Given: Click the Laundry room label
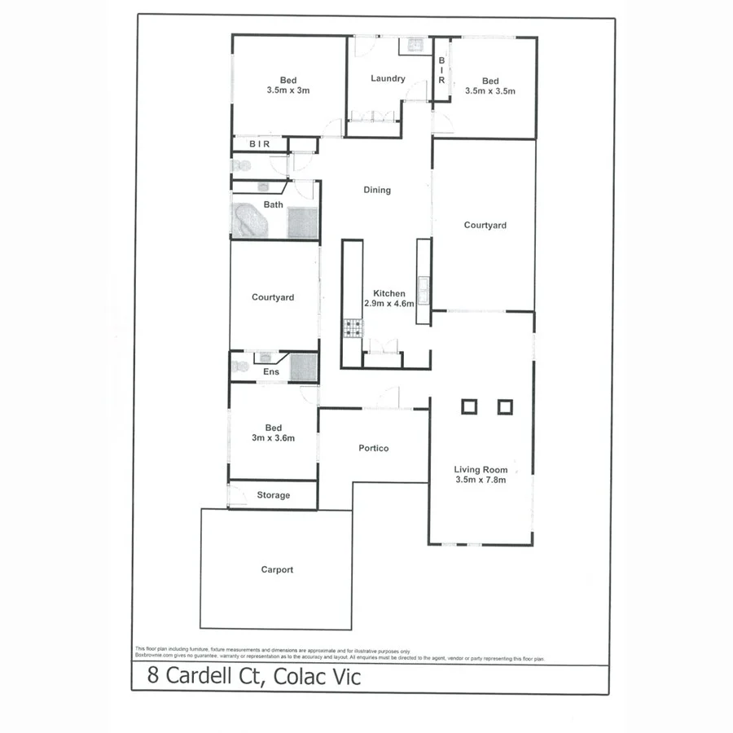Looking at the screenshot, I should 388,79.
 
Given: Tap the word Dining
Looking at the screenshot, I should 377,190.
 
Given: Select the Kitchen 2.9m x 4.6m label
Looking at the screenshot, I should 389,298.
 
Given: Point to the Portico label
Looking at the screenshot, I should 374,448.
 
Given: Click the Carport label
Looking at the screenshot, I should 277,570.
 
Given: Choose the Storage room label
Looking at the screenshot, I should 274,495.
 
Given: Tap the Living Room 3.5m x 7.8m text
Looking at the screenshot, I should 481,475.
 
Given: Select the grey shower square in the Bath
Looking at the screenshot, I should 301,222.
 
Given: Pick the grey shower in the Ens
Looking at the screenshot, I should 303,366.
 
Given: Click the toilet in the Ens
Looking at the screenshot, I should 239,366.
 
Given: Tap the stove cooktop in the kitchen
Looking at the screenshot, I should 353,328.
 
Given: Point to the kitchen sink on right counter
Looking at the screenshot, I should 424,287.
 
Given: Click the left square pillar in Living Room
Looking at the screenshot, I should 469,406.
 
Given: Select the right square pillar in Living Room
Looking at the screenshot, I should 505,406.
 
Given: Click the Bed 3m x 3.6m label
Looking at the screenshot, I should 273,433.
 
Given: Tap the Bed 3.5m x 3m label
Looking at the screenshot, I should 288,86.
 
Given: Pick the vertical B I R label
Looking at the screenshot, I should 441,69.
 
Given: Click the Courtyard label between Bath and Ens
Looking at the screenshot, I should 273,297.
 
